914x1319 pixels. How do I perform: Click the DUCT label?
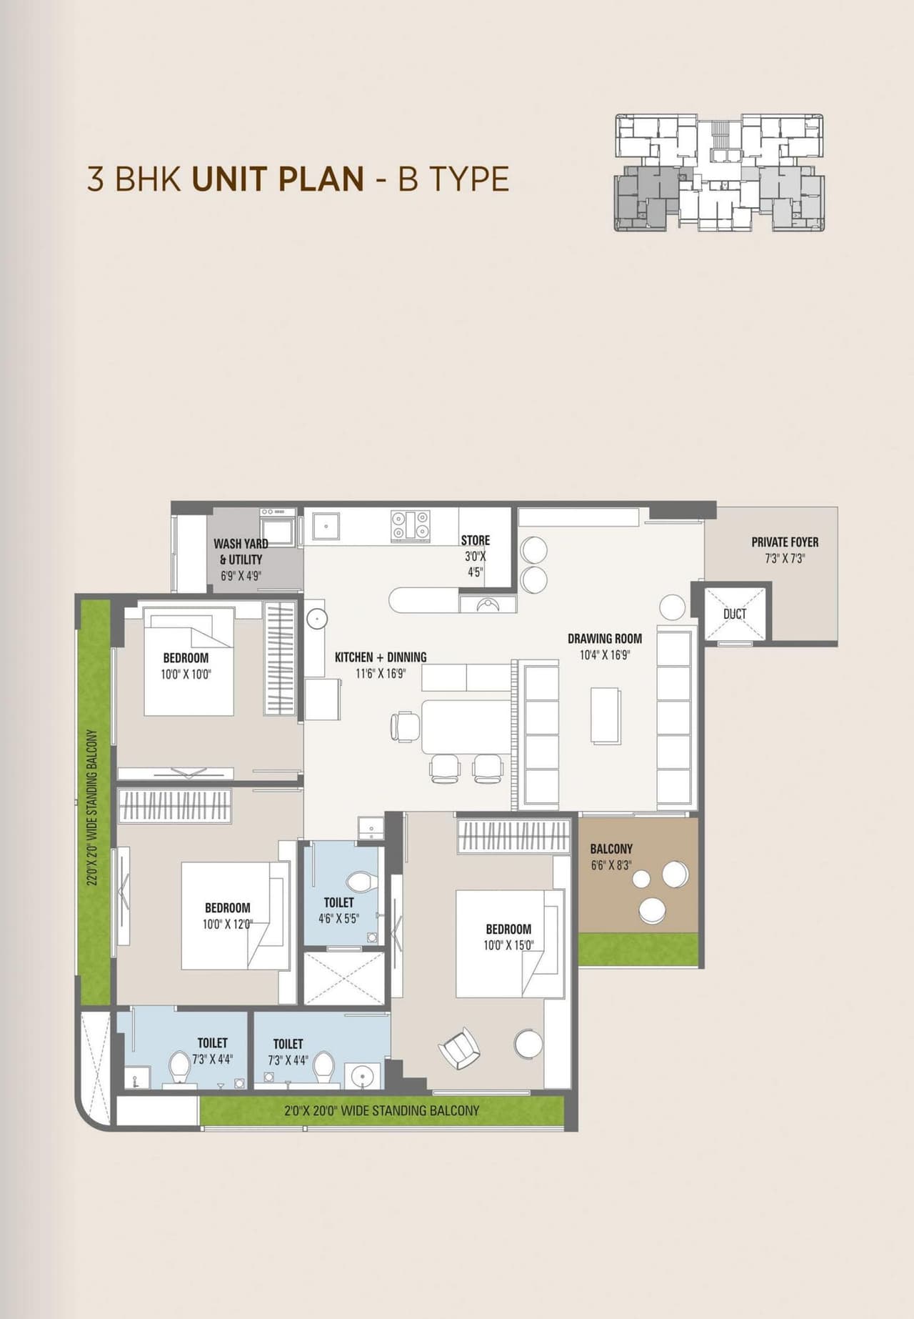735,614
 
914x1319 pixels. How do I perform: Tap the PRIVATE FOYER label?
785,542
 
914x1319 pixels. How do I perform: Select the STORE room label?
476,540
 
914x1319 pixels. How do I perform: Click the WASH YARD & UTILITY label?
241,552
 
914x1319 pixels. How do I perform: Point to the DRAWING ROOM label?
605,639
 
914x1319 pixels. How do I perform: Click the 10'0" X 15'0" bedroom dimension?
508,945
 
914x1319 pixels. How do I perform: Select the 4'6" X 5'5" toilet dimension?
338,919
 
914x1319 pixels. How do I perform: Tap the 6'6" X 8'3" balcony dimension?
611,865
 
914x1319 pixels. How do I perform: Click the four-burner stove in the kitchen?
410,524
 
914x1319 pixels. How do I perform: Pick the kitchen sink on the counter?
326,527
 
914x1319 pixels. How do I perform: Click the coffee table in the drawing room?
605,715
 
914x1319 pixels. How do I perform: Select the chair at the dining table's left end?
405,727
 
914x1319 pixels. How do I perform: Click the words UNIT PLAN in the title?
278,179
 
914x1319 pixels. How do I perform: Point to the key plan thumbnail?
719,172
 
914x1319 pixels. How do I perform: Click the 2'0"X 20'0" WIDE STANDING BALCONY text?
381,1110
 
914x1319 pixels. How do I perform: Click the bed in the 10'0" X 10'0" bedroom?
189,662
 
